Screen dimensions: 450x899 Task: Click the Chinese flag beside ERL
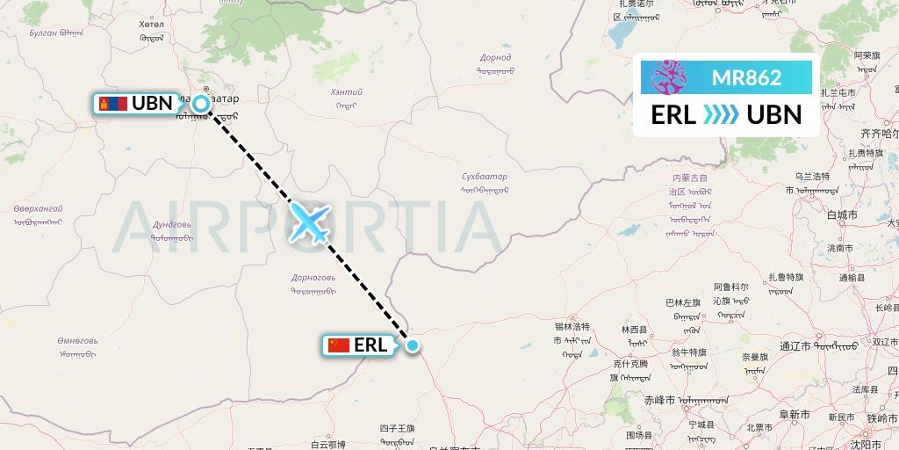[x=339, y=345]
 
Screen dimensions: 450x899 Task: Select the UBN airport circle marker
[x=201, y=104]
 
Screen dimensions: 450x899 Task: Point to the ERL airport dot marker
[x=413, y=345]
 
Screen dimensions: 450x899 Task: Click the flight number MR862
[x=746, y=77]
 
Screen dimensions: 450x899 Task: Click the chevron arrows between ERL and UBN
[x=721, y=115]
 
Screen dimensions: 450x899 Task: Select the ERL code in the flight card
[x=673, y=115]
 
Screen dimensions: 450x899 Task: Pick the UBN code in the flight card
[x=773, y=115]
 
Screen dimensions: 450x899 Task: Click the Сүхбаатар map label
[x=485, y=178]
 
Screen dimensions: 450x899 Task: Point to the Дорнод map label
[x=495, y=58]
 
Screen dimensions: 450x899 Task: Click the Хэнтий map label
[x=345, y=91]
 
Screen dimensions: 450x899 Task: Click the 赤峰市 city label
[x=659, y=399]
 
